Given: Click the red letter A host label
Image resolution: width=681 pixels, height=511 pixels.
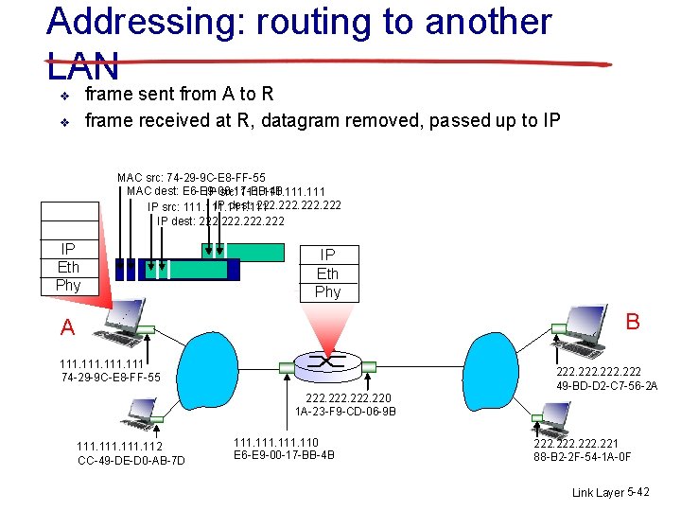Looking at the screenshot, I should pyautogui.click(x=67, y=327).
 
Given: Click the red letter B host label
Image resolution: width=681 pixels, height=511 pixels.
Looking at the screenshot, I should pyautogui.click(x=632, y=322).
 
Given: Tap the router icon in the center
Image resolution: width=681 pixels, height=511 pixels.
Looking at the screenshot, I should pyautogui.click(x=327, y=361).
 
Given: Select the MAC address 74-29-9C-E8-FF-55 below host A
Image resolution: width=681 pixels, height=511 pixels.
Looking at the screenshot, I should pyautogui.click(x=110, y=378).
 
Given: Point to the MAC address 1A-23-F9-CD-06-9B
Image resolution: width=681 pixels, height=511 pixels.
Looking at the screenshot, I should pyautogui.click(x=345, y=412).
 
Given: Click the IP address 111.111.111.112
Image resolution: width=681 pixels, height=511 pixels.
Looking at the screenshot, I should pyautogui.click(x=119, y=447).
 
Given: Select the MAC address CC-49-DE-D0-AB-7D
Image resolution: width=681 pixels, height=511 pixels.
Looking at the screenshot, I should pyautogui.click(x=131, y=461).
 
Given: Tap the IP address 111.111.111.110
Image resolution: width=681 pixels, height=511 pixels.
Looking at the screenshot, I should pyautogui.click(x=275, y=442).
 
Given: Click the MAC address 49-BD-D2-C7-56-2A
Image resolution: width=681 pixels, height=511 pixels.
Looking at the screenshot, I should pyautogui.click(x=607, y=385).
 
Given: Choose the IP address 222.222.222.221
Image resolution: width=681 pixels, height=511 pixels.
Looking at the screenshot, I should pyautogui.click(x=576, y=443).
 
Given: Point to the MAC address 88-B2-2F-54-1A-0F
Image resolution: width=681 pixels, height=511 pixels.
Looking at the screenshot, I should pyautogui.click(x=583, y=457).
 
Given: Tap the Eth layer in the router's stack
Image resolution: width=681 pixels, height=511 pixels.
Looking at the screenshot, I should pyautogui.click(x=327, y=273).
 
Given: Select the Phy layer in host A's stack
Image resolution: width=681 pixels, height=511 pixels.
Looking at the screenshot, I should pyautogui.click(x=68, y=285).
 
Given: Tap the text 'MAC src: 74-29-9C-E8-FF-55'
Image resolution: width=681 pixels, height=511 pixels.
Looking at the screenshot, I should pyautogui.click(x=191, y=178).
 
